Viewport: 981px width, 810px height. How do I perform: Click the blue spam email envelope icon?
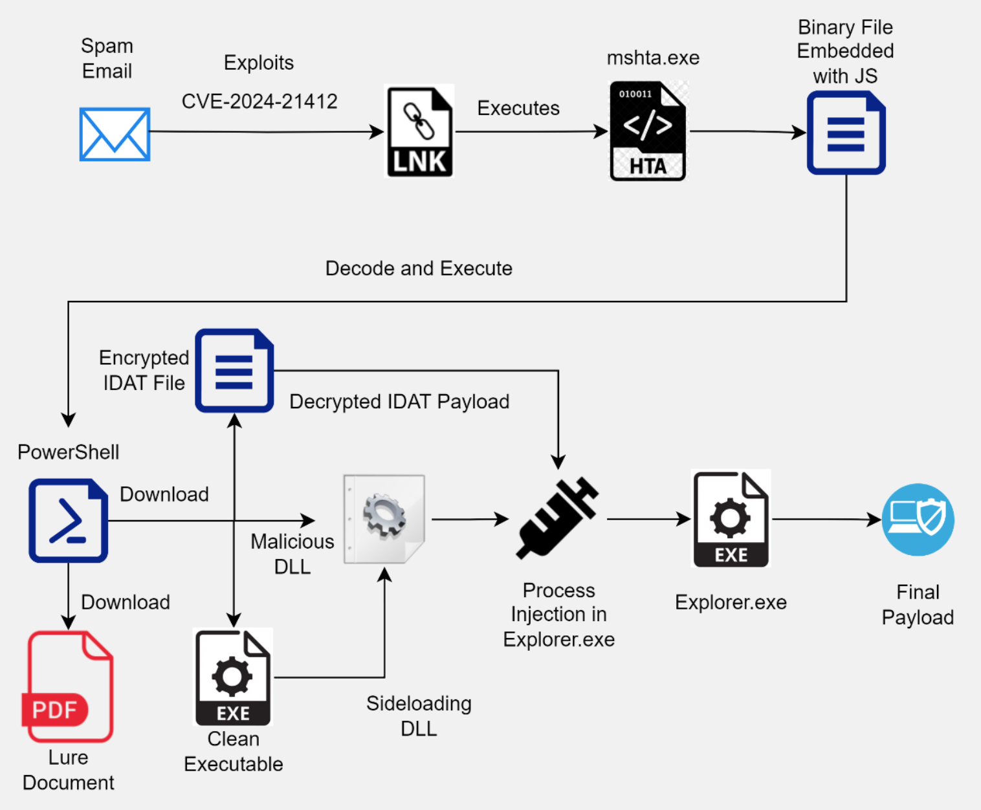(x=115, y=134)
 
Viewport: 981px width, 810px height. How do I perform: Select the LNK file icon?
(x=420, y=131)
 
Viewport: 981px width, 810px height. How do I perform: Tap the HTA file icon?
(x=648, y=131)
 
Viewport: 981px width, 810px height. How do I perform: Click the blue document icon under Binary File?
(x=846, y=133)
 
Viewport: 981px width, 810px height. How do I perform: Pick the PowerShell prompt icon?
(x=68, y=520)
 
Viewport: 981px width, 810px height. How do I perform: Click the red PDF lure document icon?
(x=69, y=687)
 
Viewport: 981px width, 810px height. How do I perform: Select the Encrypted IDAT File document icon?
(x=234, y=370)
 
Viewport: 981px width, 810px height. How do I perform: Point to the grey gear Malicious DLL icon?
(x=384, y=519)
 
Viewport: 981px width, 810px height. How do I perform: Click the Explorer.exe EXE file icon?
(x=731, y=519)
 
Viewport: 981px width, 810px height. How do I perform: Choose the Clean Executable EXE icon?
(x=233, y=677)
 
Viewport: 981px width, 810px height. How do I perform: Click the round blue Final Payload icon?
(x=918, y=520)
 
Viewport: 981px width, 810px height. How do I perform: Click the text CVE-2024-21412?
(x=259, y=102)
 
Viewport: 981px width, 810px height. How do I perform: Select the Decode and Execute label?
(x=419, y=268)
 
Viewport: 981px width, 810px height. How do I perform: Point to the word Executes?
(x=518, y=108)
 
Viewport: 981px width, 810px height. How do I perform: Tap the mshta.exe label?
(x=653, y=58)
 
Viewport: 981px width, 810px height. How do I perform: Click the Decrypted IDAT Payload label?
(x=399, y=402)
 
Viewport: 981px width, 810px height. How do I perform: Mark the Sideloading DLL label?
(x=419, y=716)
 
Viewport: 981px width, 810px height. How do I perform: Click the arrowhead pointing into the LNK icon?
(x=377, y=132)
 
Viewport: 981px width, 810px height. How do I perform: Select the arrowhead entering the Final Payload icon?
(x=875, y=519)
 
